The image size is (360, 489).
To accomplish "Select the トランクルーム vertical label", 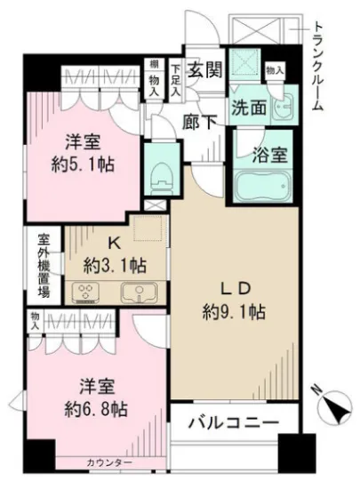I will tap(317, 68).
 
